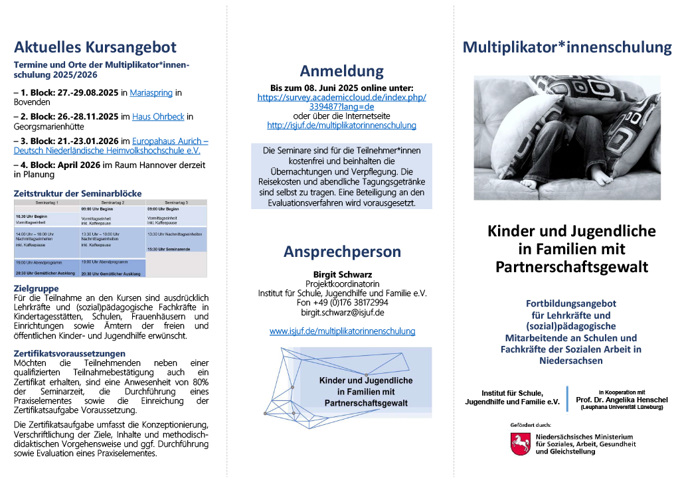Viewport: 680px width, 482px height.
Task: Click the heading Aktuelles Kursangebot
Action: (x=95, y=47)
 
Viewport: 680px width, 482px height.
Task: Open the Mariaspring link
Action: (x=152, y=92)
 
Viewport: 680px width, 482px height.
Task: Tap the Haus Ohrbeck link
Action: (x=158, y=117)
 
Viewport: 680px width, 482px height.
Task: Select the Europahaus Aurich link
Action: (x=170, y=141)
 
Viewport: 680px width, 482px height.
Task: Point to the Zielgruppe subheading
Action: (x=36, y=289)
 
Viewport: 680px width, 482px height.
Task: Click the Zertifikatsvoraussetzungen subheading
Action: (x=70, y=353)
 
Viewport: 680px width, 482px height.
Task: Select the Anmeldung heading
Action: (x=341, y=71)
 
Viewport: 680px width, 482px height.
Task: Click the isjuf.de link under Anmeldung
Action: (x=341, y=125)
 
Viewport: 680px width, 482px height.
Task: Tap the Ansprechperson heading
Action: (x=341, y=252)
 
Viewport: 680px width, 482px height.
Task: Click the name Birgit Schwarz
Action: (x=341, y=274)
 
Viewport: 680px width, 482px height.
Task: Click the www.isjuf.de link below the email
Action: (x=341, y=331)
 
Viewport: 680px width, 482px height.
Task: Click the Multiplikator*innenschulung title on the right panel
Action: (x=566, y=47)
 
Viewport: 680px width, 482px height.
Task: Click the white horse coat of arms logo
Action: (x=519, y=443)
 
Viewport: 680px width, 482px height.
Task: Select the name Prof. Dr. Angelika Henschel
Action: (x=622, y=400)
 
